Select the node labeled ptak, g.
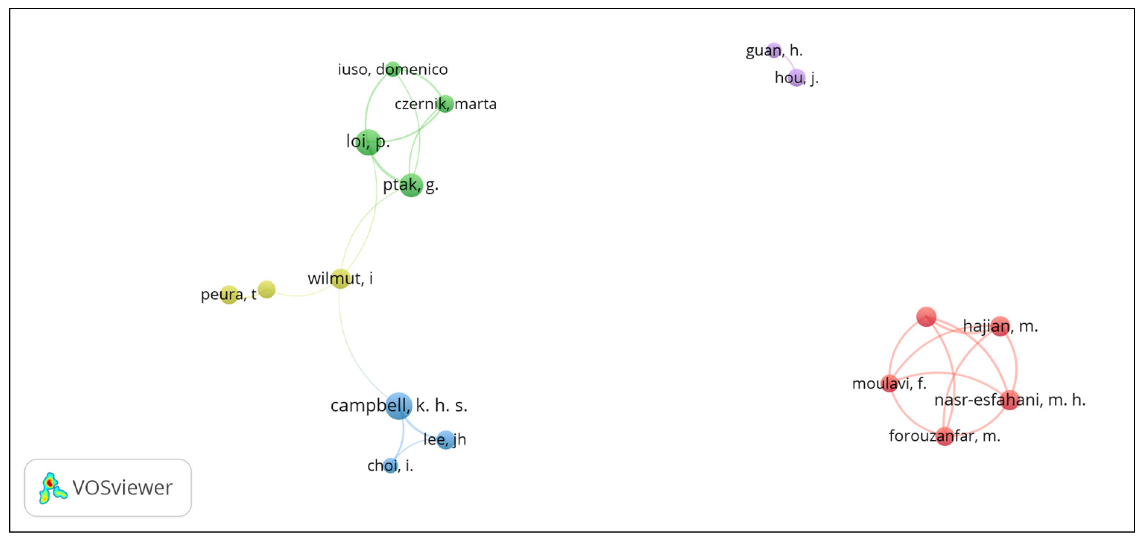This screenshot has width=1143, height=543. [411, 185]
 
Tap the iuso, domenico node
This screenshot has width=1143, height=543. [393, 69]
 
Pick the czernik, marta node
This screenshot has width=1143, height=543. [445, 104]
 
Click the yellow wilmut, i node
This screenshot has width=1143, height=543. [340, 279]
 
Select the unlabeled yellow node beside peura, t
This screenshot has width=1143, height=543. [266, 289]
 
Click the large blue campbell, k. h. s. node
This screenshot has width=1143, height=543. [399, 406]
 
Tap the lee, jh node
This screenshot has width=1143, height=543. [445, 439]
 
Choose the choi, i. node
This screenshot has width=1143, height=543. [390, 466]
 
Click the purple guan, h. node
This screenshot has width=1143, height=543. [774, 51]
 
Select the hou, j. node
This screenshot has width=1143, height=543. [797, 77]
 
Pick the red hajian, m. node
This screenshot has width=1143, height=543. [1000, 326]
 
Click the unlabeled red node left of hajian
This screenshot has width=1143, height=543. [926, 317]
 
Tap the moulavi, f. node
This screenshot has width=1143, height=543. [889, 383]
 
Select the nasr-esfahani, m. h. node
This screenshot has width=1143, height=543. [1010, 400]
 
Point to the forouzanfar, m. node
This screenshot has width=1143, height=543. [945, 436]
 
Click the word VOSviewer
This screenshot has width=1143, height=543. [123, 488]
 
